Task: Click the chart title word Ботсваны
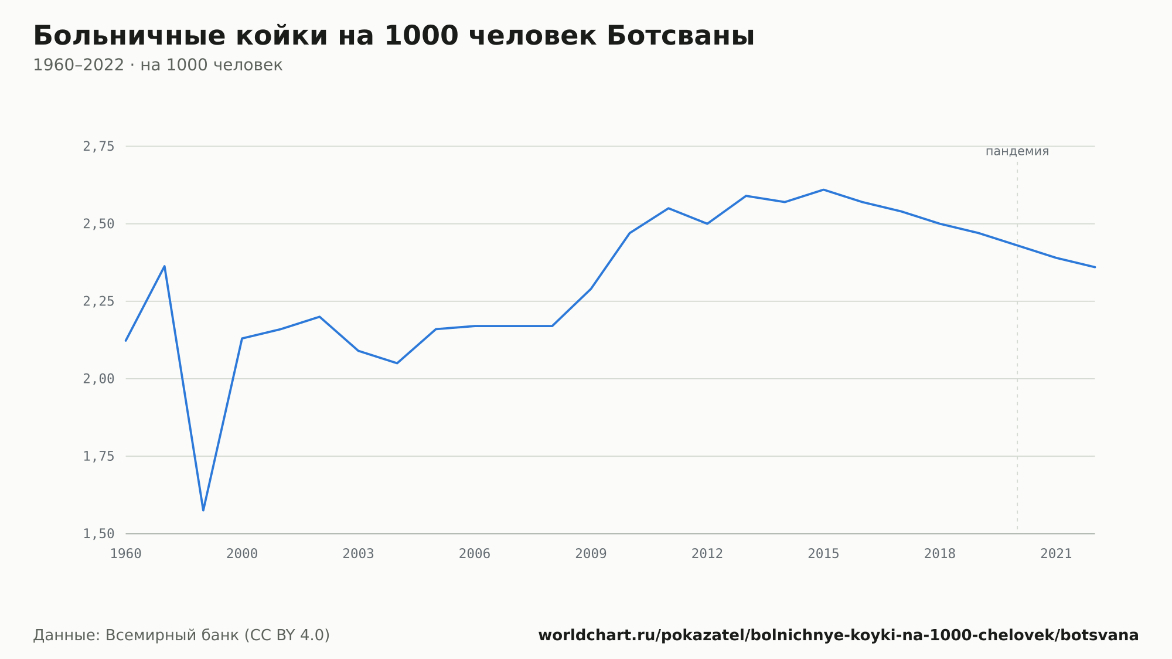pyautogui.click(x=680, y=36)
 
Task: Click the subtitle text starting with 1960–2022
pyautogui.click(x=158, y=65)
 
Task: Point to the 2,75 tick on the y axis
pyautogui.click(x=98, y=147)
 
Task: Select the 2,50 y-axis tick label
pyautogui.click(x=98, y=224)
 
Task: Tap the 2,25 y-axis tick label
pyautogui.click(x=98, y=301)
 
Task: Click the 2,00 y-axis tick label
pyautogui.click(x=98, y=379)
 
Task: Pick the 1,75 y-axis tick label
pyautogui.click(x=98, y=456)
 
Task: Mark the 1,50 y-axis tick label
pyautogui.click(x=98, y=534)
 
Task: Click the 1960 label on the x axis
pyautogui.click(x=126, y=554)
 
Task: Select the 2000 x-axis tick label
pyautogui.click(x=242, y=554)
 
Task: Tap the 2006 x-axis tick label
pyautogui.click(x=475, y=554)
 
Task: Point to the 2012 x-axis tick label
pyautogui.click(x=707, y=554)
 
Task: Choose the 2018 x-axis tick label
pyautogui.click(x=940, y=554)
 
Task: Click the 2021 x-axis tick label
pyautogui.click(x=1056, y=554)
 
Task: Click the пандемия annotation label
pyautogui.click(x=1017, y=151)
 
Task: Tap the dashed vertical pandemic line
pyautogui.click(x=1017, y=346)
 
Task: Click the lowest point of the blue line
pyautogui.click(x=203, y=510)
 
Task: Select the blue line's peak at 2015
pyautogui.click(x=823, y=189)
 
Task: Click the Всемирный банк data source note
pyautogui.click(x=182, y=636)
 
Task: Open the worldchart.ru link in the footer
pyautogui.click(x=839, y=636)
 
